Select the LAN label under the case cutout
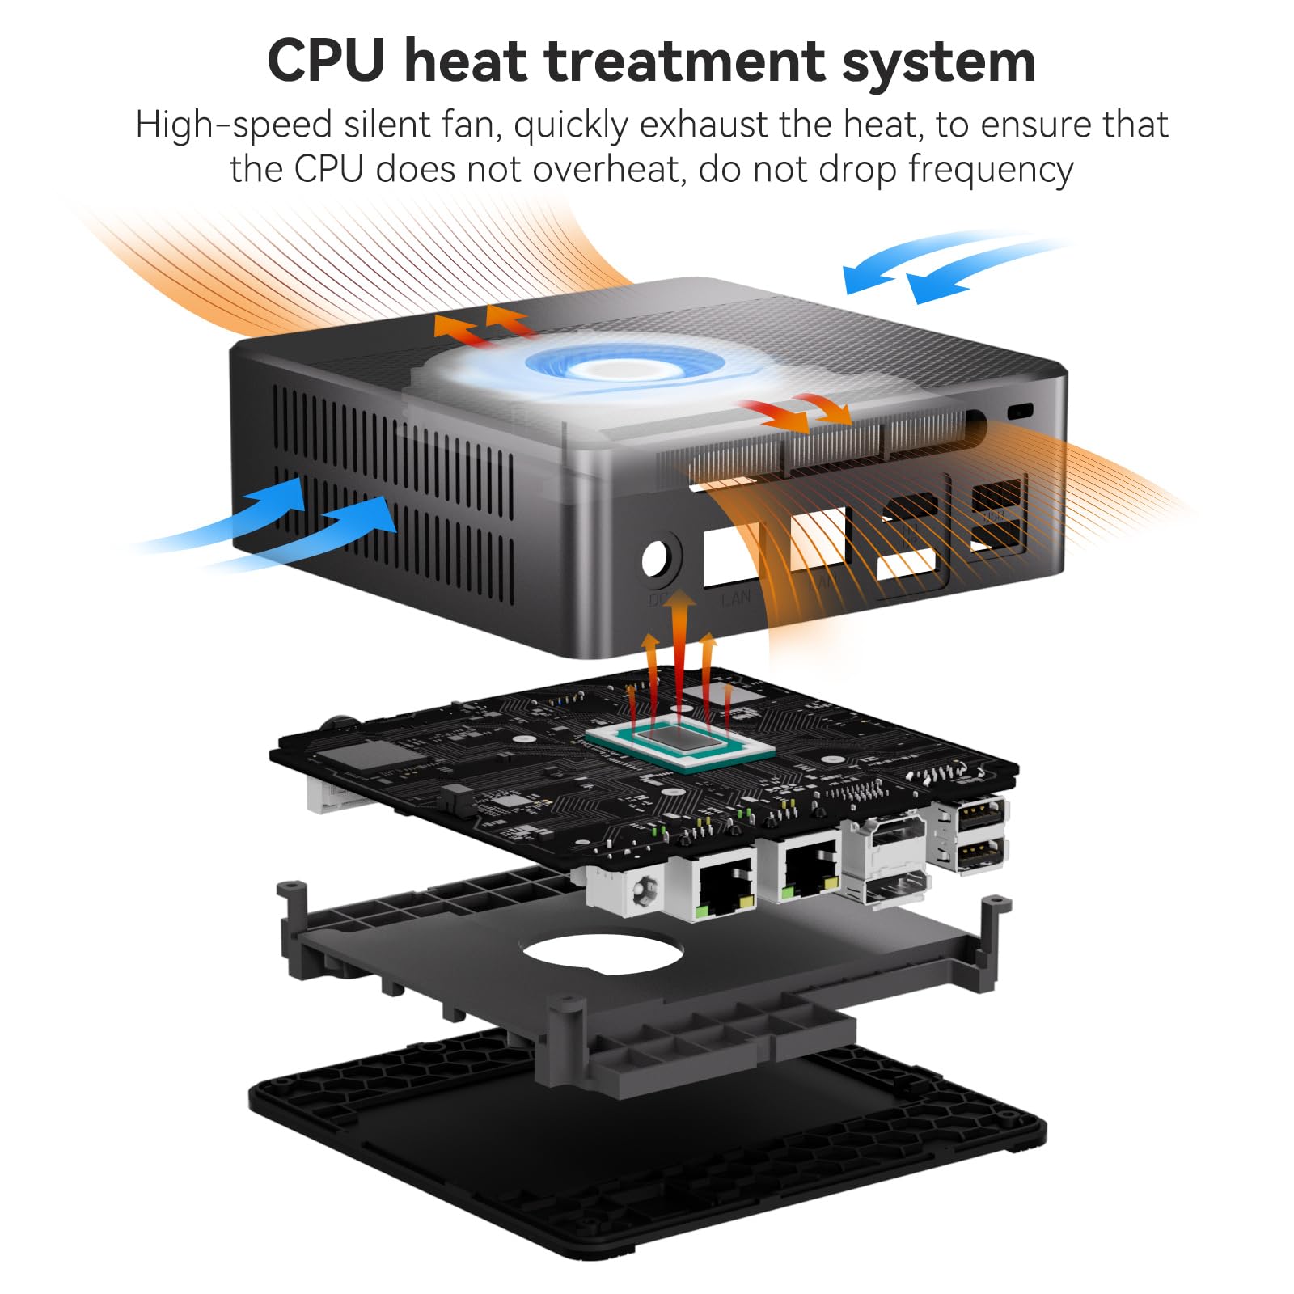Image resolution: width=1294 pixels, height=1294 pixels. pyautogui.click(x=736, y=598)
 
